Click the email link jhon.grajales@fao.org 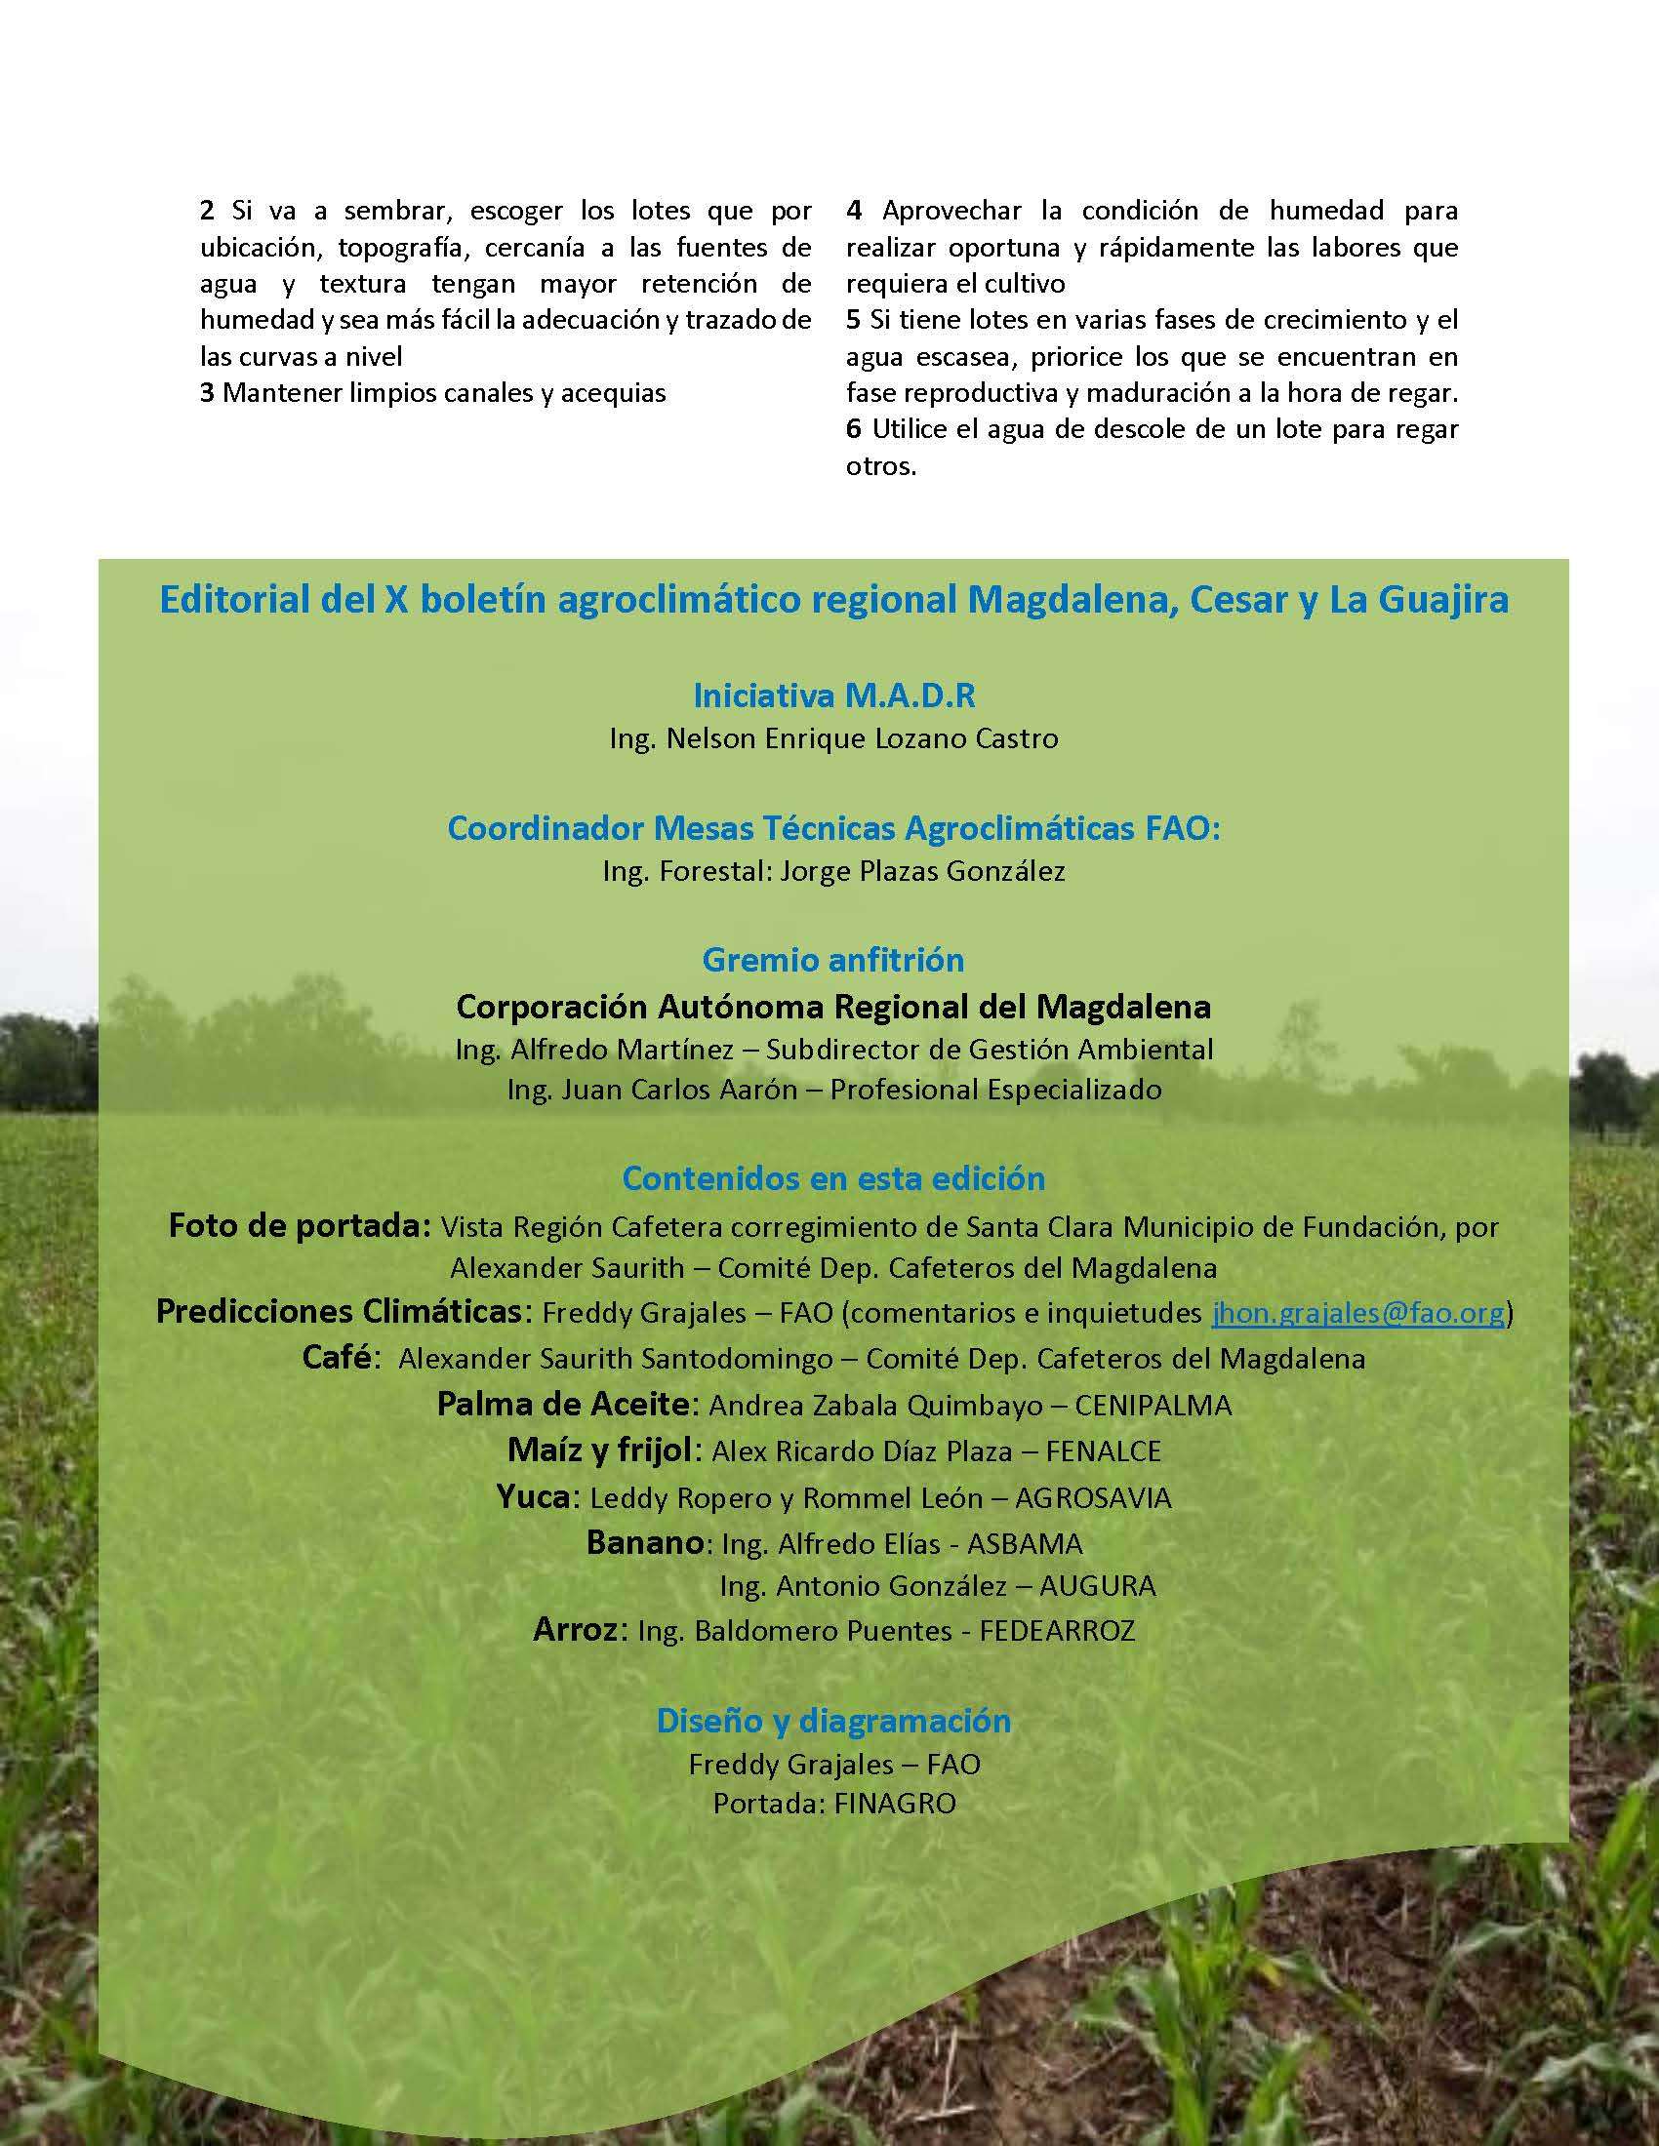[1357, 1313]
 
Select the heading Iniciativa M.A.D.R [833, 695]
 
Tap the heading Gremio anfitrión [833, 959]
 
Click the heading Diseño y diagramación [833, 1720]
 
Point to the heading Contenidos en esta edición [833, 1177]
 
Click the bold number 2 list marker [206, 211]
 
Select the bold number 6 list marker [853, 429]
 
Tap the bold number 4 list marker [854, 211]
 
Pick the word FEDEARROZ [1058, 1631]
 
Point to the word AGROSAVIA [1093, 1497]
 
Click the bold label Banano [645, 1543]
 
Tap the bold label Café [337, 1358]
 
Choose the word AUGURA [1097, 1585]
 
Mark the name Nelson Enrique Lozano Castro [862, 738]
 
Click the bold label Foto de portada [299, 1226]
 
